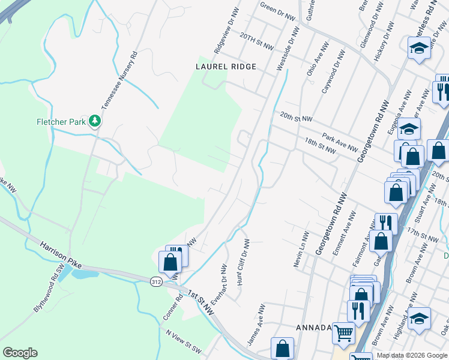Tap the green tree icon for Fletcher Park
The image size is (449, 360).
95,122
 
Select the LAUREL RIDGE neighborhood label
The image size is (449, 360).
226,67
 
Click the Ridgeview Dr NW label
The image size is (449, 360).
223,34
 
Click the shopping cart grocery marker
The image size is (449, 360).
343,333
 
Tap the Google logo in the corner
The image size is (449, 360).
20,353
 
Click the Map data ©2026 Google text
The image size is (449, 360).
412,355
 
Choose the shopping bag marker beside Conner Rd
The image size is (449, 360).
170,262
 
